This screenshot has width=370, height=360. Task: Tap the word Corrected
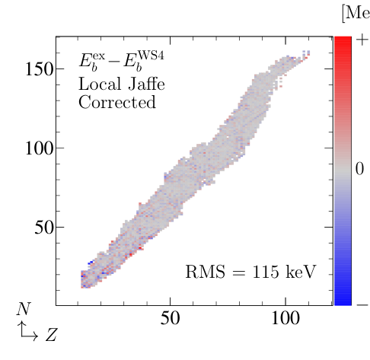pyautogui.click(x=116, y=101)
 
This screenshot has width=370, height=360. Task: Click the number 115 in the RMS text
pyautogui.click(x=255, y=272)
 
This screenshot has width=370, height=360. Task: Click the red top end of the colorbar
pyautogui.click(x=343, y=40)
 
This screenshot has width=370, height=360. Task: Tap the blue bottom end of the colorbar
pyautogui.click(x=343, y=301)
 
